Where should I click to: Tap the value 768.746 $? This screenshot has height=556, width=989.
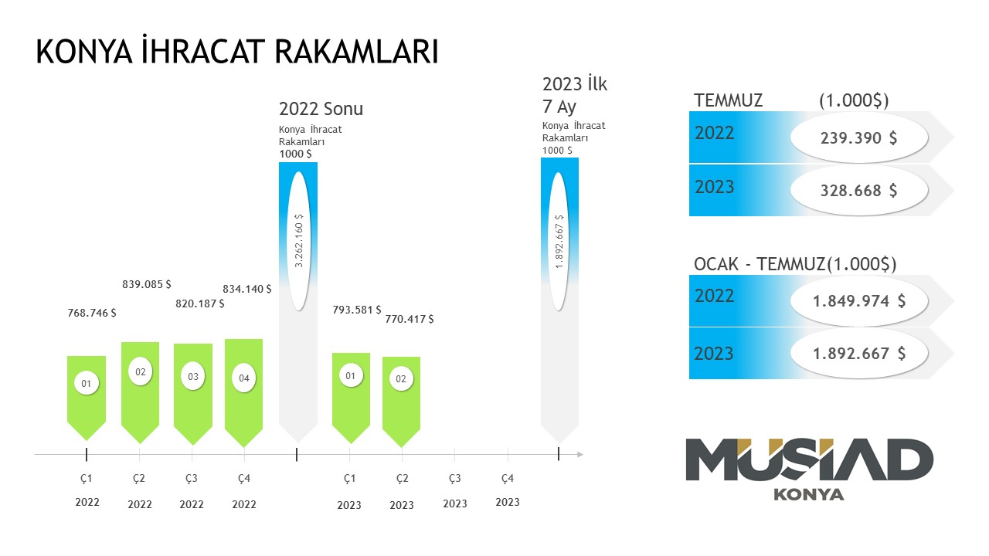click(92, 313)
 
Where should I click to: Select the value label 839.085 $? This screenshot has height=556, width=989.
click(147, 284)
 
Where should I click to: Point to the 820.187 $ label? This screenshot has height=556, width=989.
click(199, 303)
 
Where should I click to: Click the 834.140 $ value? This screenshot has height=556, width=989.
click(246, 289)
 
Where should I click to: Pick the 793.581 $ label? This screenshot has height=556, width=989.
click(356, 310)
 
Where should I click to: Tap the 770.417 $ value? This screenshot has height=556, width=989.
click(409, 318)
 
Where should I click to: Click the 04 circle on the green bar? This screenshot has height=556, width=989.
click(244, 378)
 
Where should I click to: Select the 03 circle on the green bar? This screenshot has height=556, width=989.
click(193, 377)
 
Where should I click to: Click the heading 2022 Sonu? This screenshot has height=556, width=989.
click(321, 109)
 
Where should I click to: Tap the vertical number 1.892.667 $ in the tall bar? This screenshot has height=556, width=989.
click(559, 241)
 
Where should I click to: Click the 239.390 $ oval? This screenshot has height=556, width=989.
click(858, 137)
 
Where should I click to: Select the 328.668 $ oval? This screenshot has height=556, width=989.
click(858, 190)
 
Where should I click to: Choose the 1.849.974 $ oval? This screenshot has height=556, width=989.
click(858, 301)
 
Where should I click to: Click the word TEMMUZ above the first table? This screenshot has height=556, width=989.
click(729, 100)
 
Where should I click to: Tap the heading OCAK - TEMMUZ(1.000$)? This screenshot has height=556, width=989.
click(795, 264)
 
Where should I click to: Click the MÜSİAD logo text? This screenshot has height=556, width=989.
click(809, 460)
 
